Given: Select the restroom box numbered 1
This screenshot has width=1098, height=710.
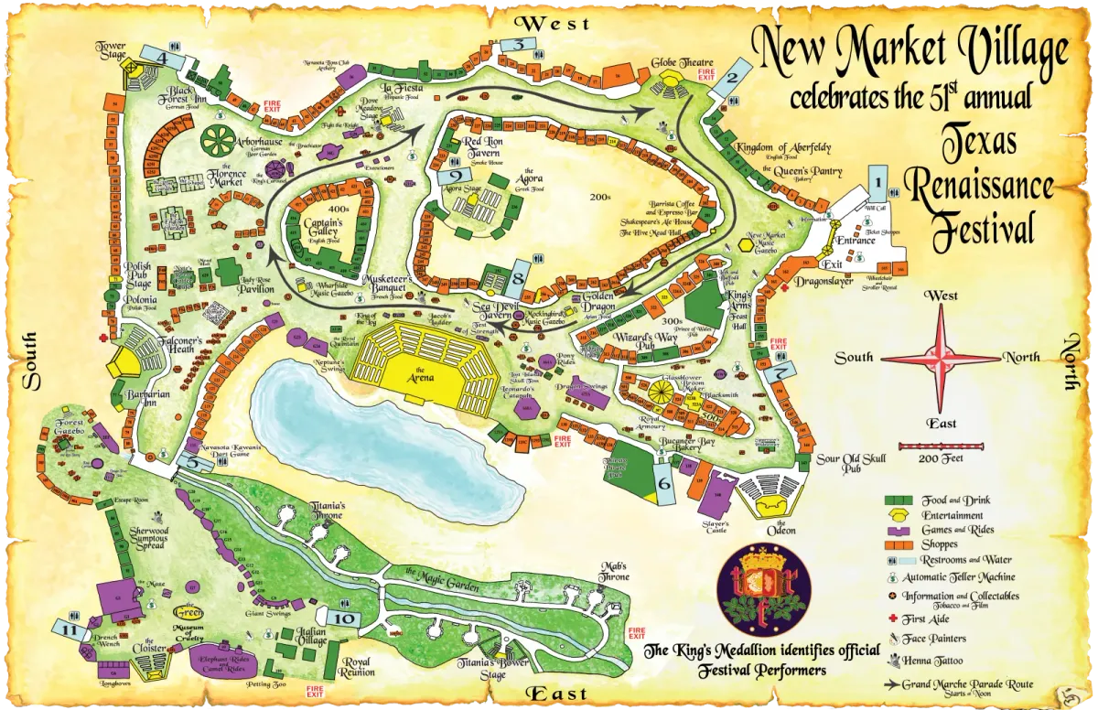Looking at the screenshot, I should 877,188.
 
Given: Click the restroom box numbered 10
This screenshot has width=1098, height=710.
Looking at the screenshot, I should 345,619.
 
